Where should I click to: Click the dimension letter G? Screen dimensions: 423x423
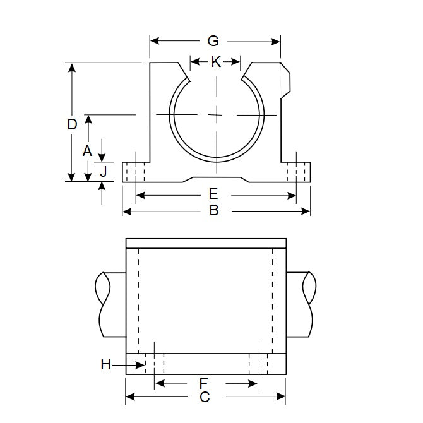[x=213, y=41]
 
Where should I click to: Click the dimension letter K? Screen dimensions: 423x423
[x=216, y=62]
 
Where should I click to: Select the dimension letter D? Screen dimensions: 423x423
[x=72, y=124]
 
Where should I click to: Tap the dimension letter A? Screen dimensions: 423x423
[x=88, y=150]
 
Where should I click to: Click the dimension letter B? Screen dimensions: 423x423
[x=213, y=211]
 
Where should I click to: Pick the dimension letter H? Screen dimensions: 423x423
[x=106, y=364]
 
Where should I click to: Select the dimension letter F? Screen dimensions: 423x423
[x=203, y=383]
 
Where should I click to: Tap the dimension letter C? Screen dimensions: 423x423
[x=204, y=397]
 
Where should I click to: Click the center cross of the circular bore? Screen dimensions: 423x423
[x=216, y=114]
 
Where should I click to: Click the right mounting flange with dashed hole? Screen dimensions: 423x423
[x=297, y=172]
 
